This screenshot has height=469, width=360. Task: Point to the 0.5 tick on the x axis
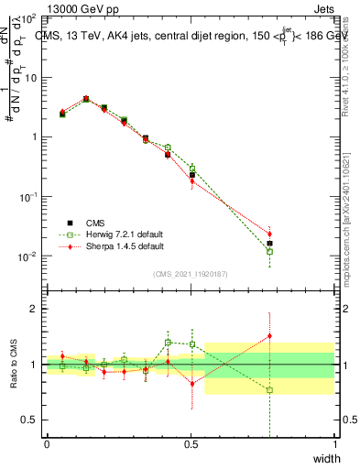[x=191, y=443]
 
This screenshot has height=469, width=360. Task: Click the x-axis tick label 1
[x=334, y=443]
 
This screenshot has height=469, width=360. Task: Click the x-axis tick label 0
[x=47, y=443]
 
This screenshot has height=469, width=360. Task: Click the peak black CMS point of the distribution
[x=86, y=99]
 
